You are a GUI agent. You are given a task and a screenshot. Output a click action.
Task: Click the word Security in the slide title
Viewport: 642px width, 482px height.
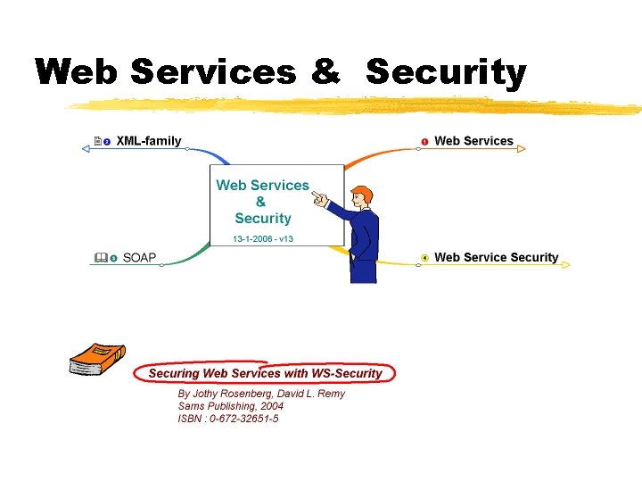coord(446,71)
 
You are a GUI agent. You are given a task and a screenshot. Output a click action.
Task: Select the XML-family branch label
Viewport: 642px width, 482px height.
coord(149,141)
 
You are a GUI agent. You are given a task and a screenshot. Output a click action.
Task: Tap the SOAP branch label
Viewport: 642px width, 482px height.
coord(139,258)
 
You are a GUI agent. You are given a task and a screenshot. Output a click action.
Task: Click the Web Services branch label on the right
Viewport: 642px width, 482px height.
coord(473,141)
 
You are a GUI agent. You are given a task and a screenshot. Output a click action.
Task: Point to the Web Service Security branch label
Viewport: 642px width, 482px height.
coord(496,258)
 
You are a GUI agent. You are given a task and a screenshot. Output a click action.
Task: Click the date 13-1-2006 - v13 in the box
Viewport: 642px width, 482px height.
coord(263,239)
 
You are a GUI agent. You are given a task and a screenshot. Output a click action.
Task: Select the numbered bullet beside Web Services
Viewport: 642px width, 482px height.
coord(425,142)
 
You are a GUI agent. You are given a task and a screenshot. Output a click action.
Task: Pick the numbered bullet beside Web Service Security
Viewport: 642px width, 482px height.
coord(424,258)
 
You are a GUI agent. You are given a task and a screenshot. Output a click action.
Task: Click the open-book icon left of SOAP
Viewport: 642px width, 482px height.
coord(100,258)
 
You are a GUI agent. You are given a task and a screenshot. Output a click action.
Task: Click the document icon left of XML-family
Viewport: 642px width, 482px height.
coord(97,141)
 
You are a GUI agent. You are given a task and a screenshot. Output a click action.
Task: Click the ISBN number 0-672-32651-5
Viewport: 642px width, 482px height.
coord(243,419)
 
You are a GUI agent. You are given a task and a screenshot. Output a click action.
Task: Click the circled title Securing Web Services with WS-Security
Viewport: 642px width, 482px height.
coord(265,373)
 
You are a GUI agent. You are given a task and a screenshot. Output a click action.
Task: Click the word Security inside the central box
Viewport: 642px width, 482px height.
coord(263,218)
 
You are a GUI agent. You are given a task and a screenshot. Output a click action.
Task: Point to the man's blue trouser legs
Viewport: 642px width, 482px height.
coord(364,268)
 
